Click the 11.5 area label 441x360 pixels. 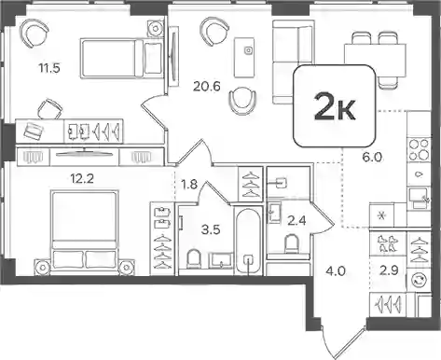pos(49,67)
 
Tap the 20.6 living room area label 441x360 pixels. pos(207,86)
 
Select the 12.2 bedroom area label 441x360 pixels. pos(82,179)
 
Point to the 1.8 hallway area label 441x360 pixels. pos(189,185)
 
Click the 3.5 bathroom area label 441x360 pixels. pos(211,229)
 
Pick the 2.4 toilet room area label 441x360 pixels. pos(296,221)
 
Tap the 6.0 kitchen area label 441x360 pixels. pos(372,158)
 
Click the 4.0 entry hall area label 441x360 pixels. pos(336,271)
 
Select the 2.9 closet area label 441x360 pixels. pos(389,270)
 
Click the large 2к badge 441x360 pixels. pos(335,106)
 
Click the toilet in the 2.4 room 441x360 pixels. pos(292,244)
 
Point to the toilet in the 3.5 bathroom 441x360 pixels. pos(194,258)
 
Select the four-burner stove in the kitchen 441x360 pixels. pos(419,149)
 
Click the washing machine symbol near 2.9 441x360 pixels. pos(419,281)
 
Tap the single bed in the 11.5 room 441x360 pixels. pos(122,58)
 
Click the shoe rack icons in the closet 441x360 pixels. pos(388,243)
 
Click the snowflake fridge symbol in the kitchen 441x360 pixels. pos(381,215)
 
